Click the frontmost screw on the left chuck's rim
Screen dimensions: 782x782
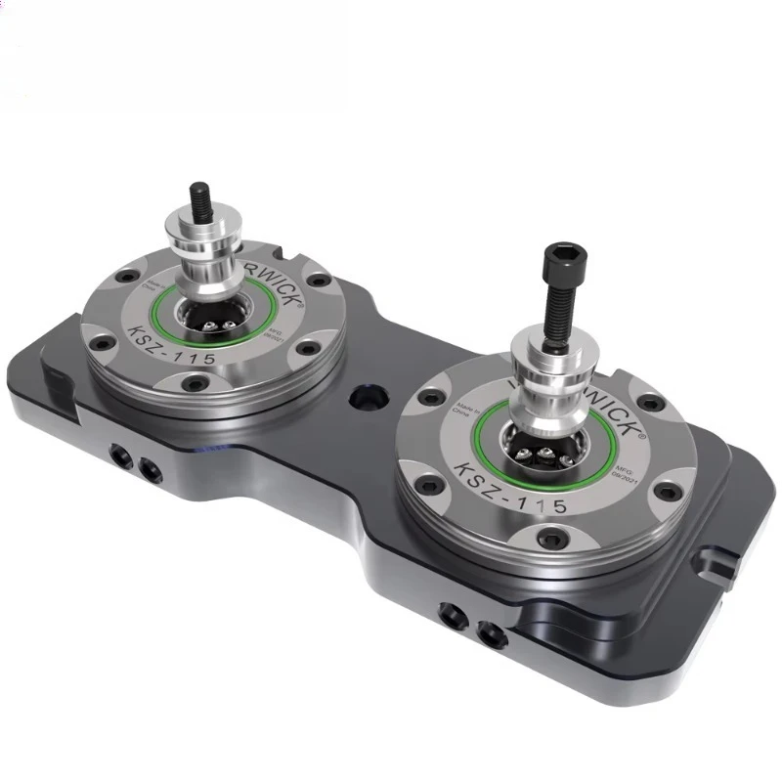[196, 385]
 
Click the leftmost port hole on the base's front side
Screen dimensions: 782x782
[118, 456]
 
